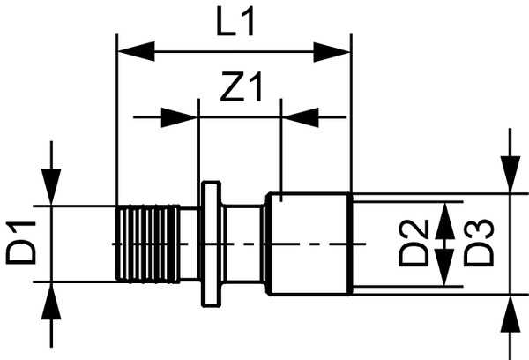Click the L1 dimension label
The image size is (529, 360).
click(x=235, y=21)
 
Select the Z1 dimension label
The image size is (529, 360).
click(x=239, y=87)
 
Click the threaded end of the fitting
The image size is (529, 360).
click(x=147, y=244)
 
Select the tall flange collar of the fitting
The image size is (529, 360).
click(x=211, y=244)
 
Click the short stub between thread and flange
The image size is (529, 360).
click(x=190, y=244)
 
